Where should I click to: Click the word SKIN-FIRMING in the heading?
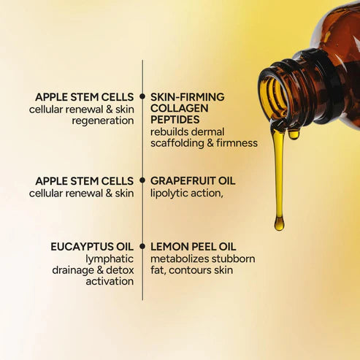[187, 96]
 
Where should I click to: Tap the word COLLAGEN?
[179, 108]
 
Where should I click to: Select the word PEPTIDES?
[176, 120]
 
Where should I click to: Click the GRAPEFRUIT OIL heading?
[193, 180]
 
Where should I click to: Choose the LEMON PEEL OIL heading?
[193, 247]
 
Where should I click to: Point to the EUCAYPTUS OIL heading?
[91, 247]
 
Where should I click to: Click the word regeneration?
[102, 120]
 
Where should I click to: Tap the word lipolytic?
[172, 194]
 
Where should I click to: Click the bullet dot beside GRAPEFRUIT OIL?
[142, 180]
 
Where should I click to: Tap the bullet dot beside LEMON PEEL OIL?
[142, 247]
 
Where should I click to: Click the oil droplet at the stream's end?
[279, 223]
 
